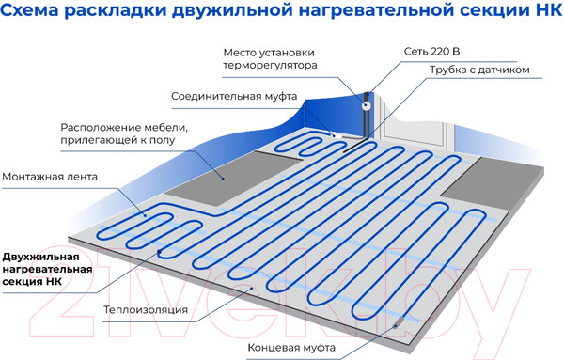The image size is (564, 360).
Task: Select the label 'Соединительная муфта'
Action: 235,97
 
